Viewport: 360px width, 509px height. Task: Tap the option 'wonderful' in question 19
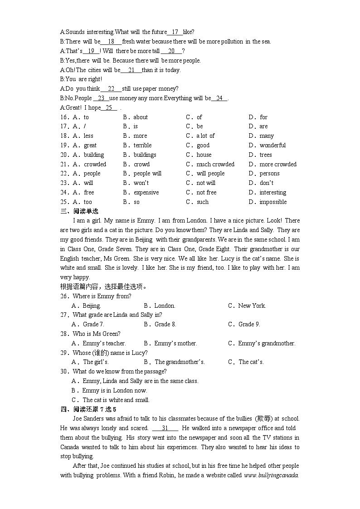pos(272,145)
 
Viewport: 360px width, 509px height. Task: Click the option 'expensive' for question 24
pos(146,192)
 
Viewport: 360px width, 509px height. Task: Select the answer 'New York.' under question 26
pos(252,305)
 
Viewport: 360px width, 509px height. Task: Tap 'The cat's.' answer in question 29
pos(251,362)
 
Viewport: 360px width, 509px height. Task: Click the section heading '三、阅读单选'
pos(79,211)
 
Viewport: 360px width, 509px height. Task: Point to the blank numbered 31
pos(165,428)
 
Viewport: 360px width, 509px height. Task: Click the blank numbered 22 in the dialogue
pos(111,89)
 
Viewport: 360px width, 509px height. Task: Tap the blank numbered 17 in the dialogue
pos(175,32)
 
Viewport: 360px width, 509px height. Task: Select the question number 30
pos(64,371)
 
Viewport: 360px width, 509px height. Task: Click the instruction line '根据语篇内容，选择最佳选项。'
pos(104,286)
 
